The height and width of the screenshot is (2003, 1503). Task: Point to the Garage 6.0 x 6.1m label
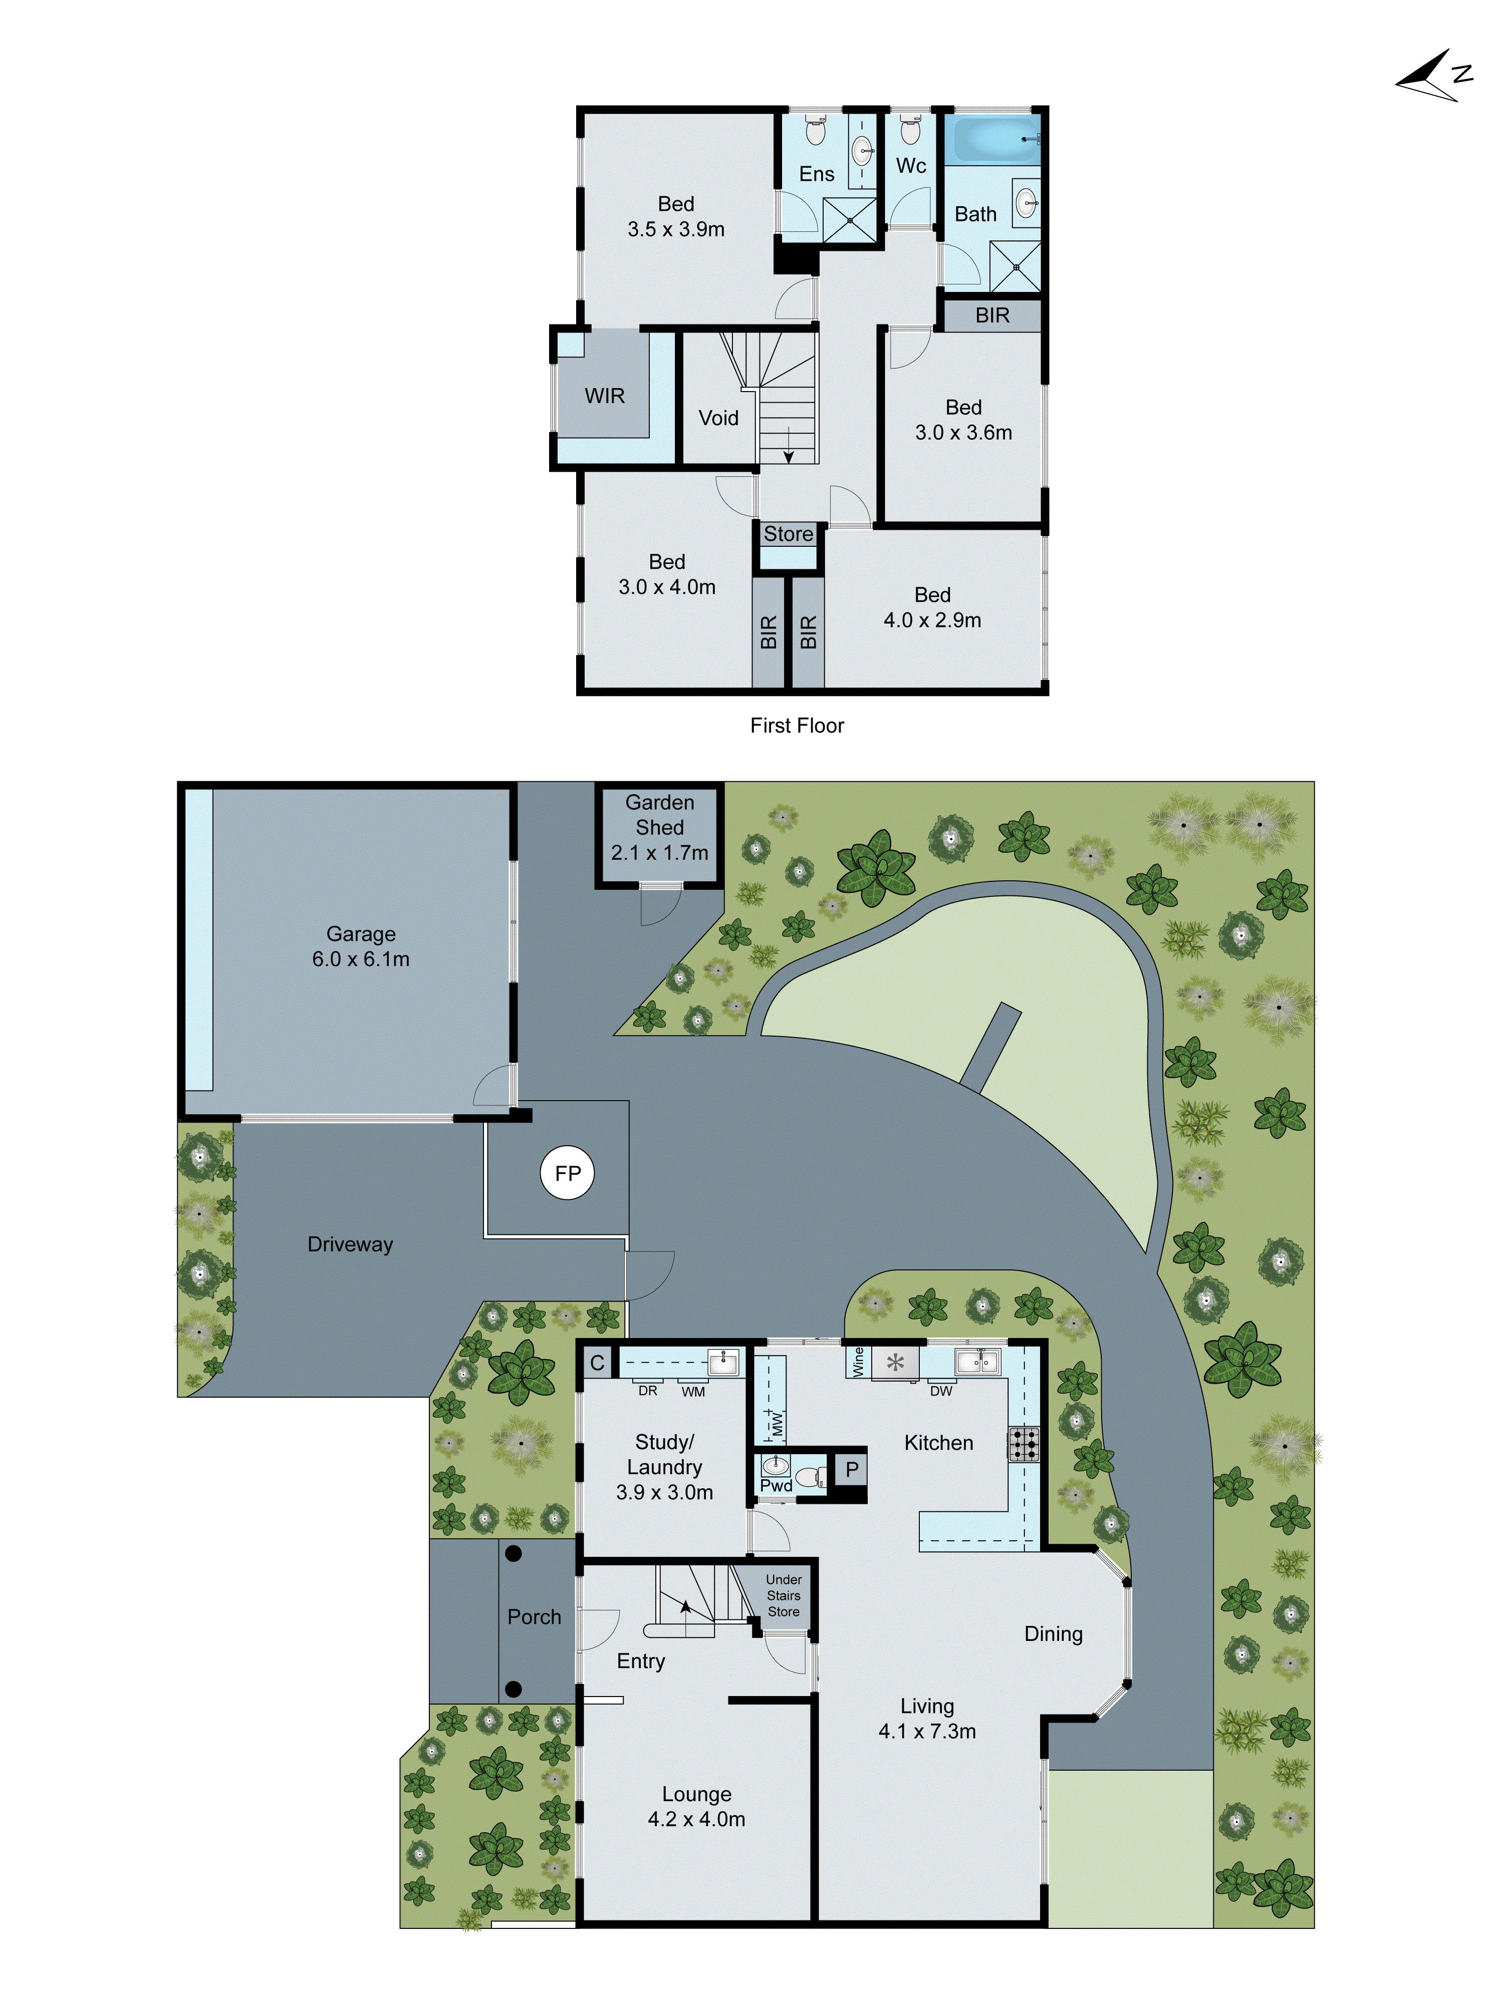pos(361,946)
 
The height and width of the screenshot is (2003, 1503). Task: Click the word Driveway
pos(350,1244)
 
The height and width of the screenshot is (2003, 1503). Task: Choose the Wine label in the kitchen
pos(858,1362)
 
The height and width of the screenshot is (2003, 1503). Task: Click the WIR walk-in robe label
pos(604,396)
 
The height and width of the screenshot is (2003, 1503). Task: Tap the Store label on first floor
pos(788,534)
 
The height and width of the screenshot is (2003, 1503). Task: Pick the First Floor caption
pos(797,725)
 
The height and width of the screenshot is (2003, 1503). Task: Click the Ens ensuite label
pos(816,174)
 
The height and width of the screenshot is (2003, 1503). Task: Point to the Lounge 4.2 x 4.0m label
pos(696,1807)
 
